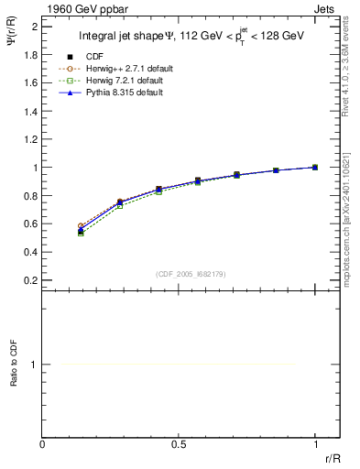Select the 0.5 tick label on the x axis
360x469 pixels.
click(x=180, y=445)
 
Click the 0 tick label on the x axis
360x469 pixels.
click(x=43, y=445)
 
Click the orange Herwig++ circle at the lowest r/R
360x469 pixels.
click(x=82, y=225)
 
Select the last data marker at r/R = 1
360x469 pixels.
click(x=315, y=168)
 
